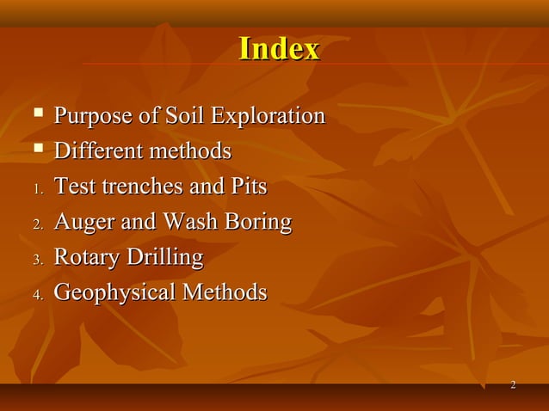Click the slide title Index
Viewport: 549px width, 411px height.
pyautogui.click(x=279, y=49)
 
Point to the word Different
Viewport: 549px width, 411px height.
pyautogui.click(x=97, y=151)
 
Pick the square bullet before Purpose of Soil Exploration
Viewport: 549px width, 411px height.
pyautogui.click(x=37, y=114)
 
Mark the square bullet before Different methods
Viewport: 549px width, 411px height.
pyautogui.click(x=37, y=150)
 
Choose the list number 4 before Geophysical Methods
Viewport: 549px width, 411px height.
pyautogui.click(x=37, y=295)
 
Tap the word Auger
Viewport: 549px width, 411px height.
pyautogui.click(x=83, y=223)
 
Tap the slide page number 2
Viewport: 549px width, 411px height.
pyautogui.click(x=513, y=384)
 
